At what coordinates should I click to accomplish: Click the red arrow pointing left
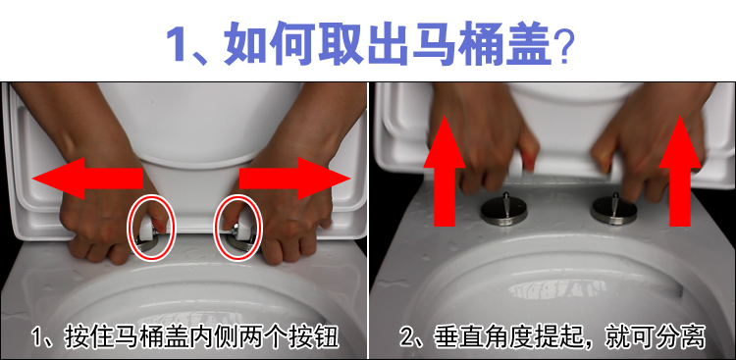pyautogui.click(x=87, y=178)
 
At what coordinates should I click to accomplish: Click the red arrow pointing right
pyautogui.click(x=294, y=178)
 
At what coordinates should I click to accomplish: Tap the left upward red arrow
pyautogui.click(x=444, y=171)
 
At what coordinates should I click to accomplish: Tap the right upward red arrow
pyautogui.click(x=680, y=171)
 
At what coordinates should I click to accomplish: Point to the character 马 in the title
pyautogui.click(x=436, y=43)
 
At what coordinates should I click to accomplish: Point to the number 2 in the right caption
pyautogui.click(x=407, y=338)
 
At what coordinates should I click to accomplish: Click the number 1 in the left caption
pyautogui.click(x=38, y=338)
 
